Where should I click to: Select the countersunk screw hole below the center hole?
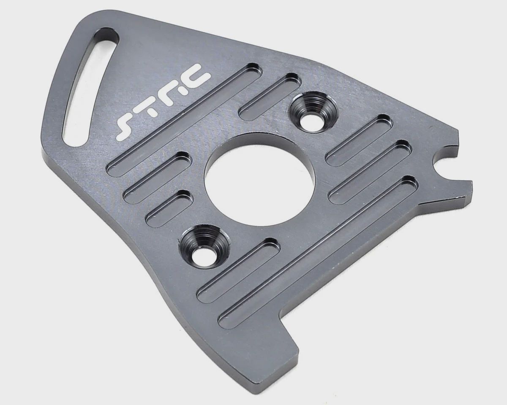coord(204,246)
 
